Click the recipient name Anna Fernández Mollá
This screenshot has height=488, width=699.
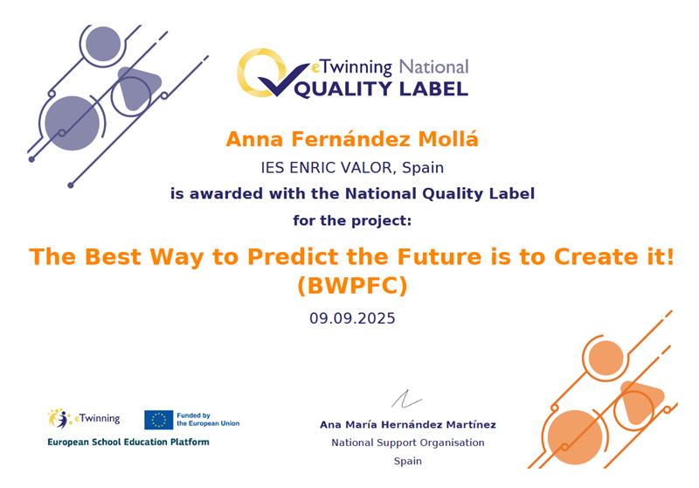(x=352, y=139)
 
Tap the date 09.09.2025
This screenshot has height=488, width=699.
(x=352, y=318)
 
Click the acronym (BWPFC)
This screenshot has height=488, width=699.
(x=352, y=286)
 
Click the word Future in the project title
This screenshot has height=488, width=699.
(x=439, y=256)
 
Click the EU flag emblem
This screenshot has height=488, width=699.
(x=158, y=420)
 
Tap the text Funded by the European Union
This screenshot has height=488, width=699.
(x=208, y=419)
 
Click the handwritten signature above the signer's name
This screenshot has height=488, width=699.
(x=406, y=399)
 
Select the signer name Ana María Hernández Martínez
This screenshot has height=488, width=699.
(x=407, y=425)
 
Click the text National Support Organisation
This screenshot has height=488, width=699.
(x=407, y=443)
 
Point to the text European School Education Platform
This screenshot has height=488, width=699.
(x=128, y=442)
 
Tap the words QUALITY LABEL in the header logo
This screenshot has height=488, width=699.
(x=382, y=89)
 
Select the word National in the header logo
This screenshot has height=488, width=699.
(x=433, y=67)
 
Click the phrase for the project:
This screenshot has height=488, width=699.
(x=352, y=220)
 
